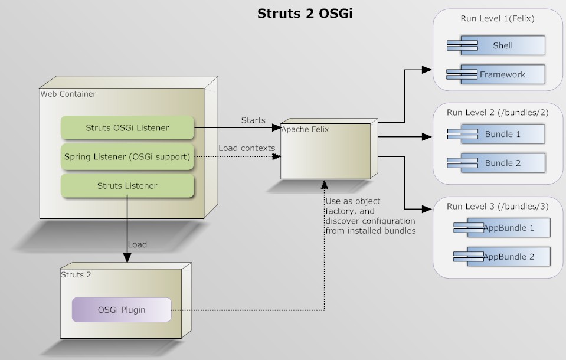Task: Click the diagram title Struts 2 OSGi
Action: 305,14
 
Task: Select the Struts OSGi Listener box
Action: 127,127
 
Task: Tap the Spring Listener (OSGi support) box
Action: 127,156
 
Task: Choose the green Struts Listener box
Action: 127,185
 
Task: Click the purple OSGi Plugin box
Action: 122,310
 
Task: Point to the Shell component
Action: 496,45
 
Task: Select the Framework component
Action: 496,74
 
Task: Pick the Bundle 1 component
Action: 496,134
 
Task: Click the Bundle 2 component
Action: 496,163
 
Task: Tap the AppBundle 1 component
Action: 502,227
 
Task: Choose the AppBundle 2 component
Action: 502,256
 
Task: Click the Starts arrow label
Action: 253,120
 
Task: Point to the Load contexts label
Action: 247,148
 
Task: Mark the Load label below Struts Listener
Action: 137,244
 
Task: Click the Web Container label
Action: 68,94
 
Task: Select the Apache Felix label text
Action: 305,129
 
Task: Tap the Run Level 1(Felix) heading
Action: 498,18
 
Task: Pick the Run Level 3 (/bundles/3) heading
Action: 498,206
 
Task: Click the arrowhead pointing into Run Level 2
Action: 427,136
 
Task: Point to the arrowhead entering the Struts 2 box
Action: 127,257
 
